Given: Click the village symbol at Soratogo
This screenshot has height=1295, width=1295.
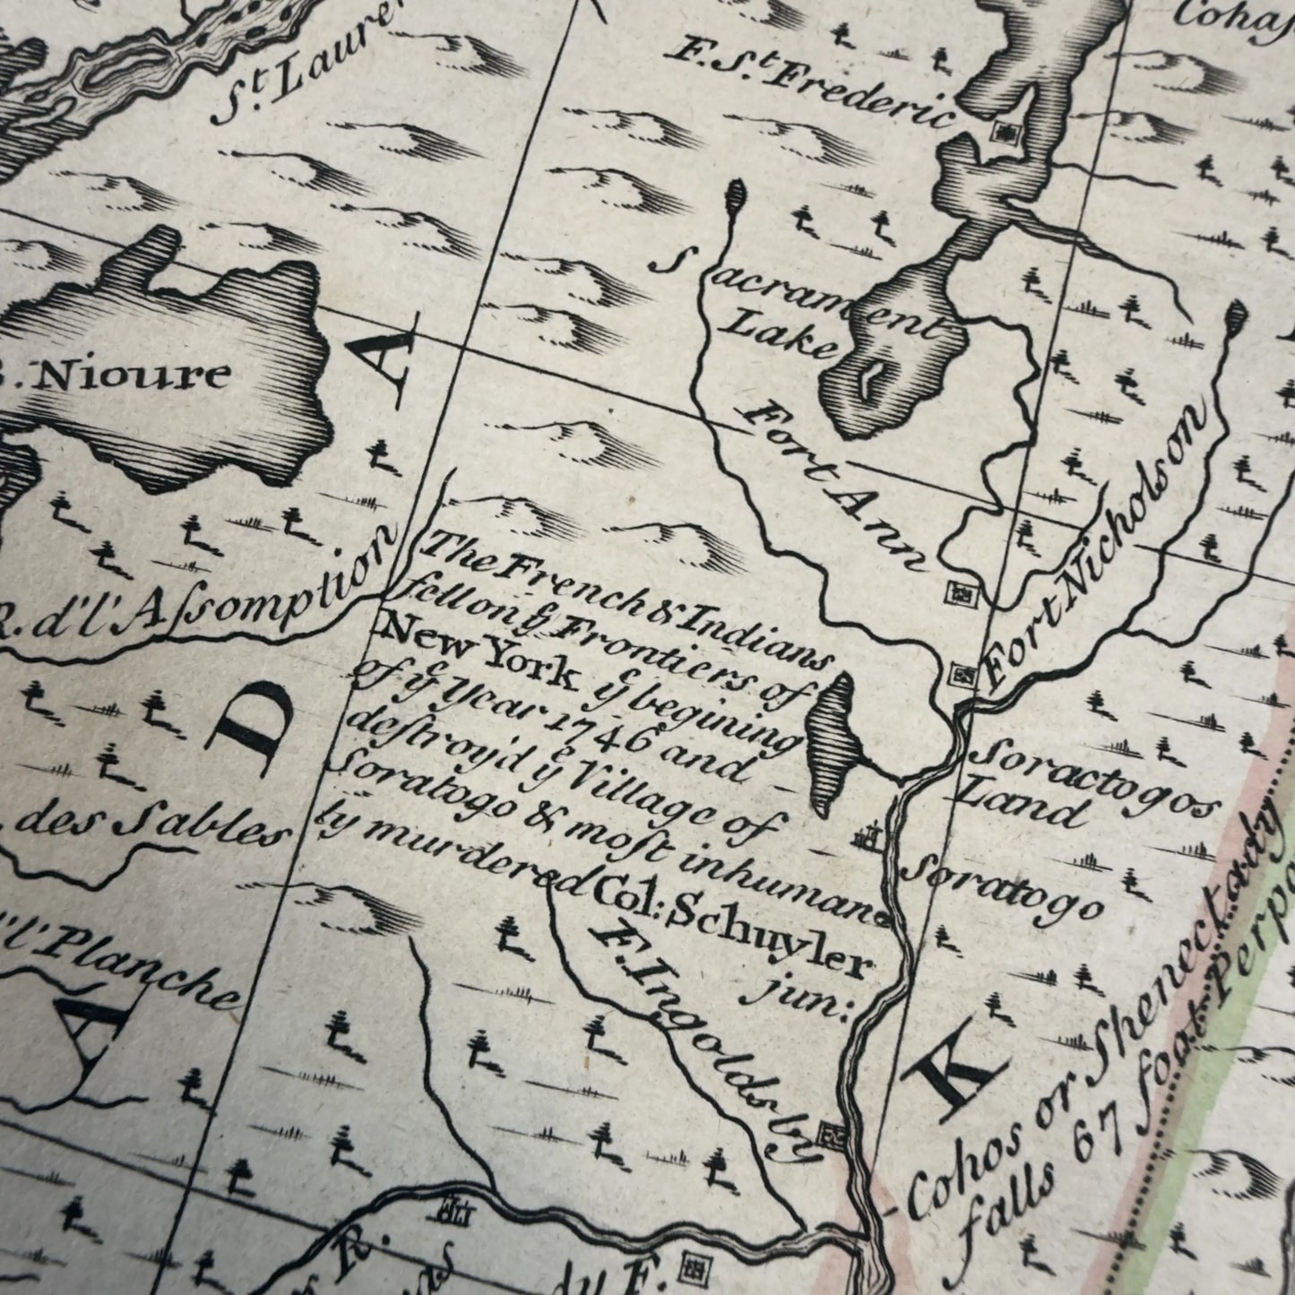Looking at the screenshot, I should coord(865,838).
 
